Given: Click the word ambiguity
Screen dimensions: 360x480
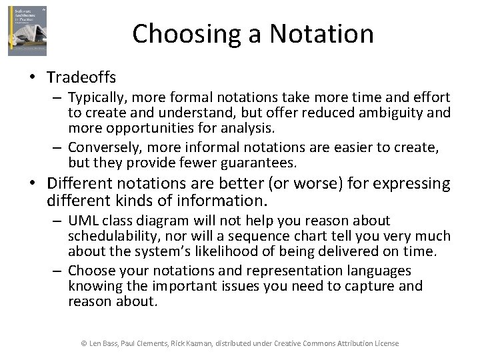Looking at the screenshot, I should click(x=390, y=112).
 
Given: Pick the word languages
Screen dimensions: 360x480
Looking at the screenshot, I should click(x=381, y=271).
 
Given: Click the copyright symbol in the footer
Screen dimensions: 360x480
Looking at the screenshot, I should click(x=84, y=343).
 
